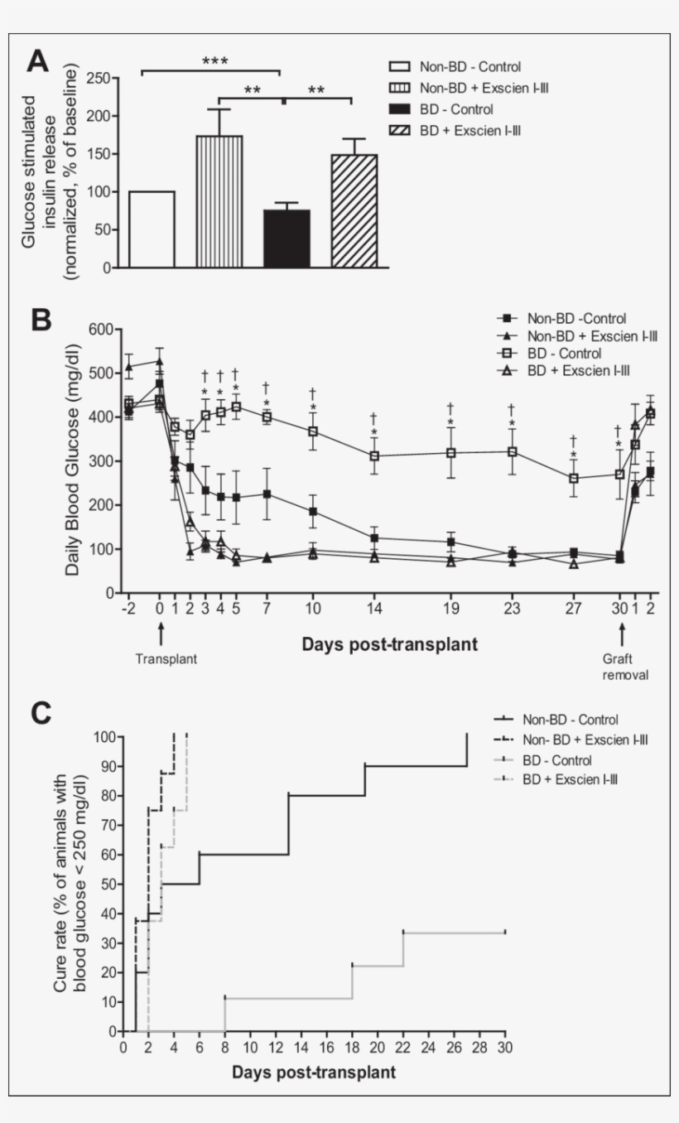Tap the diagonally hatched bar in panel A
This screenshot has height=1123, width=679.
[354, 211]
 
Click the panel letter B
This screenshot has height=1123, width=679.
[41, 321]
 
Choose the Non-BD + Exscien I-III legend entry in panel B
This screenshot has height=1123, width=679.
[564, 335]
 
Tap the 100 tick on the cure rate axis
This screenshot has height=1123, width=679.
[104, 736]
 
